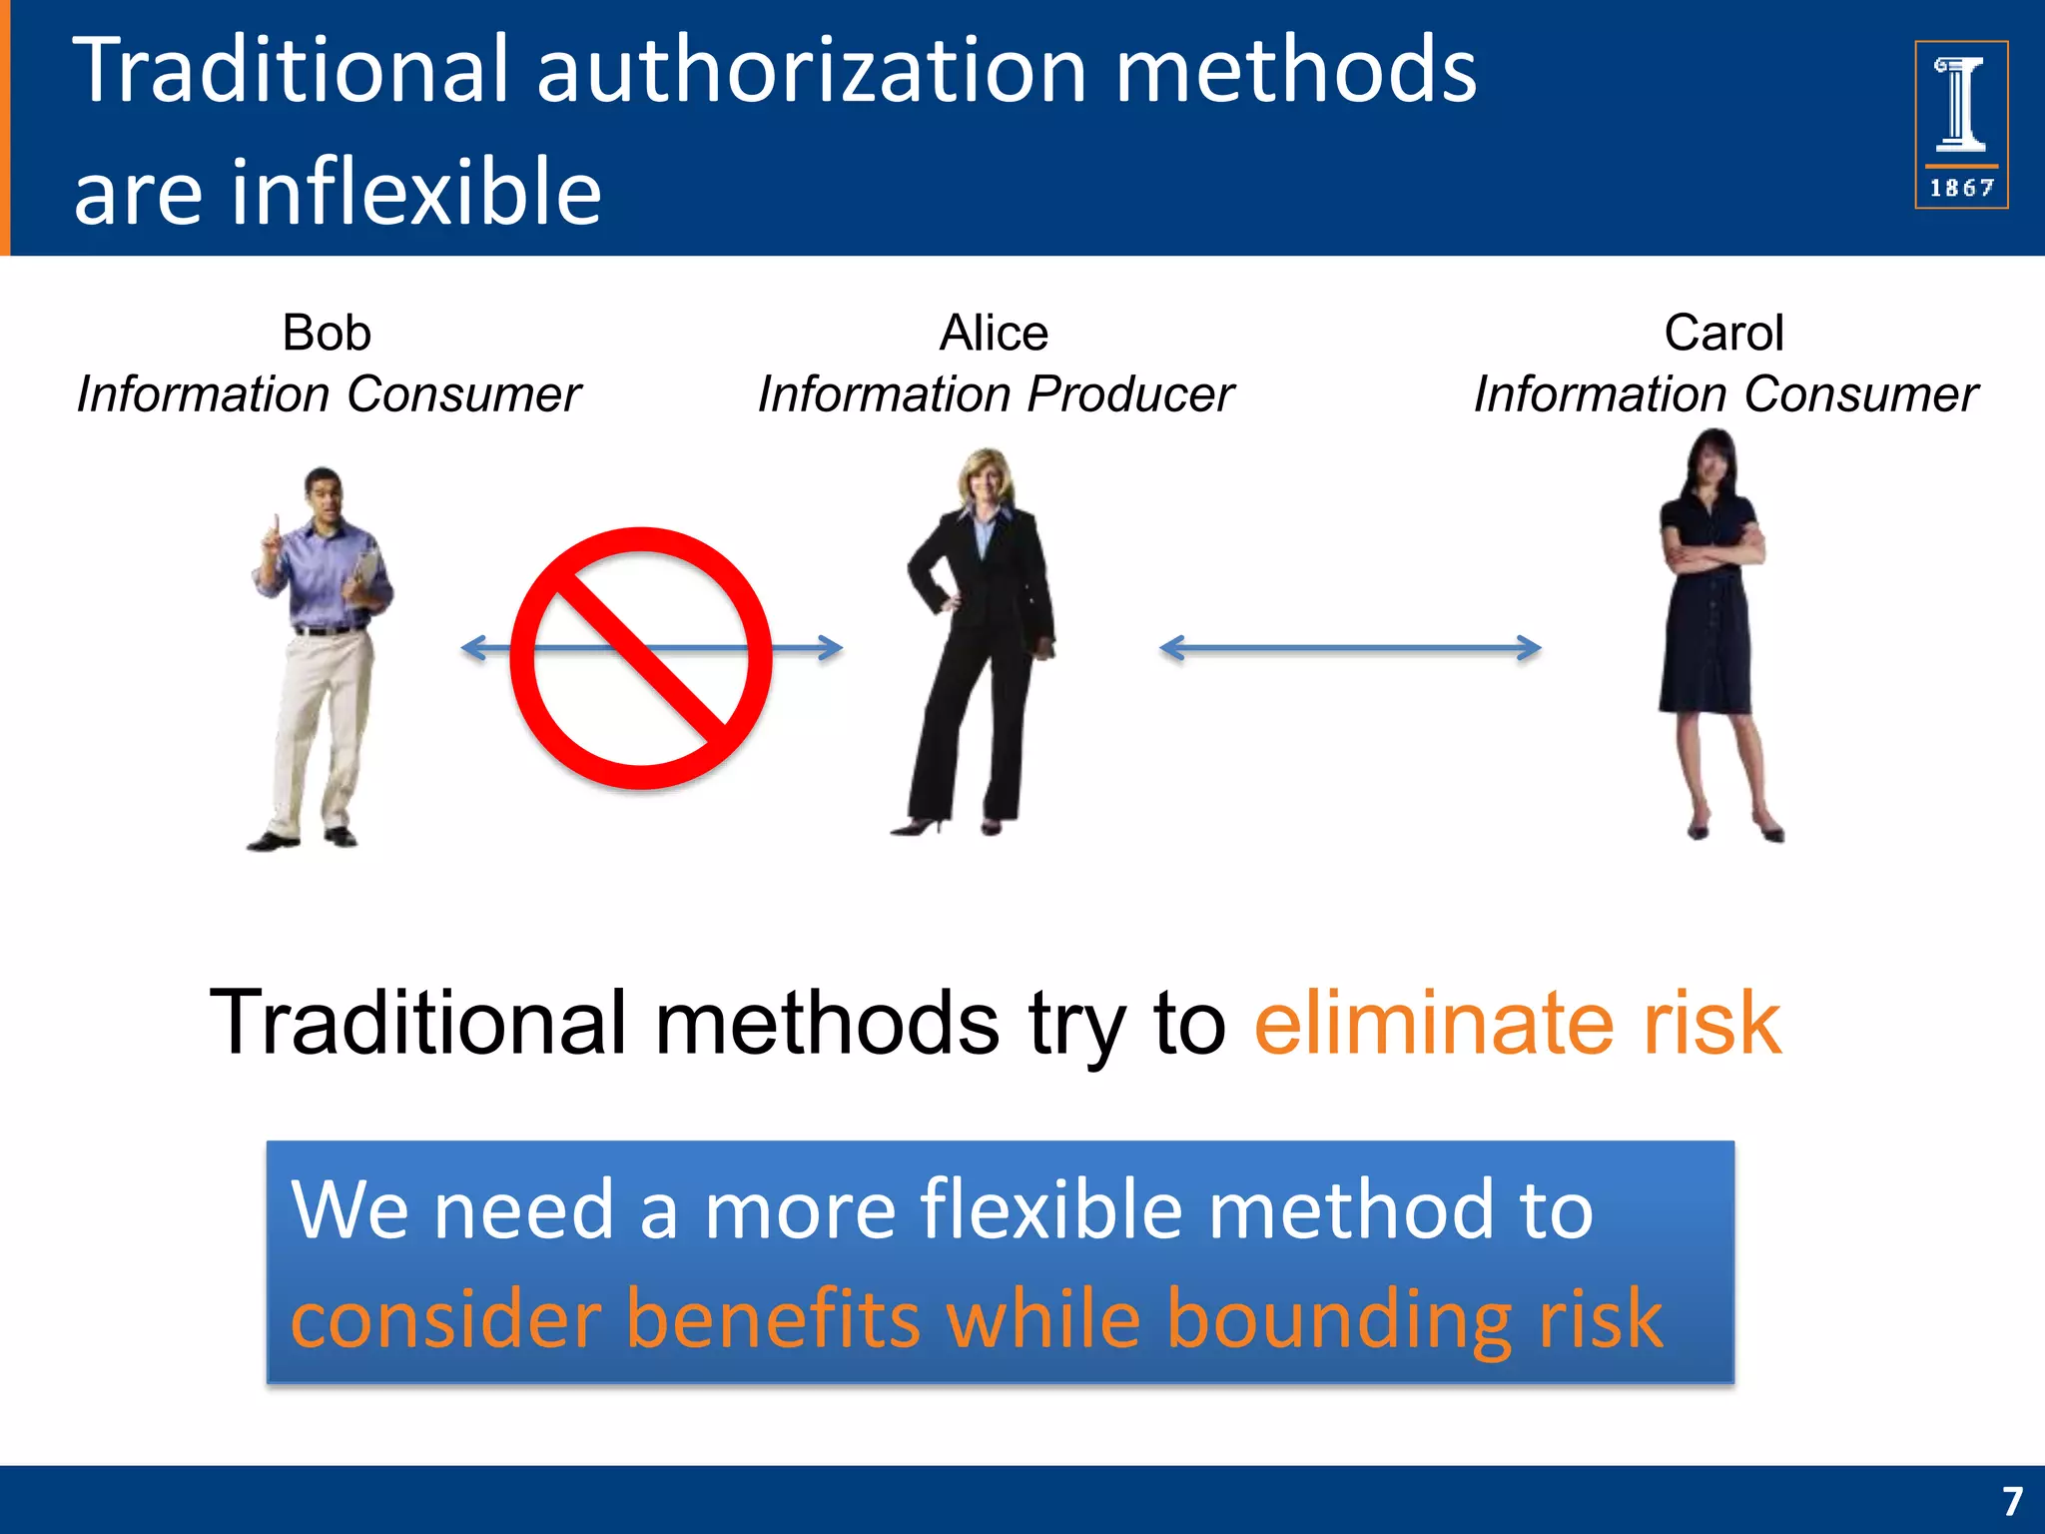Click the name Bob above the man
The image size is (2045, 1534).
(327, 333)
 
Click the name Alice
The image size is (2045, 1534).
(994, 333)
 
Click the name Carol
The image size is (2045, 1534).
(1723, 333)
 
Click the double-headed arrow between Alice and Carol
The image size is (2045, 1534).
(1350, 648)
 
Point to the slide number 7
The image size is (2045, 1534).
(2011, 1501)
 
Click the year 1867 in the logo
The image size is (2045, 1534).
(1961, 188)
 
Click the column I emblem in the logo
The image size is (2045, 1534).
(1960, 104)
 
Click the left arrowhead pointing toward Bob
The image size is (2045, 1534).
(473, 648)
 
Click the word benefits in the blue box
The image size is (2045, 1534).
(773, 1318)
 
